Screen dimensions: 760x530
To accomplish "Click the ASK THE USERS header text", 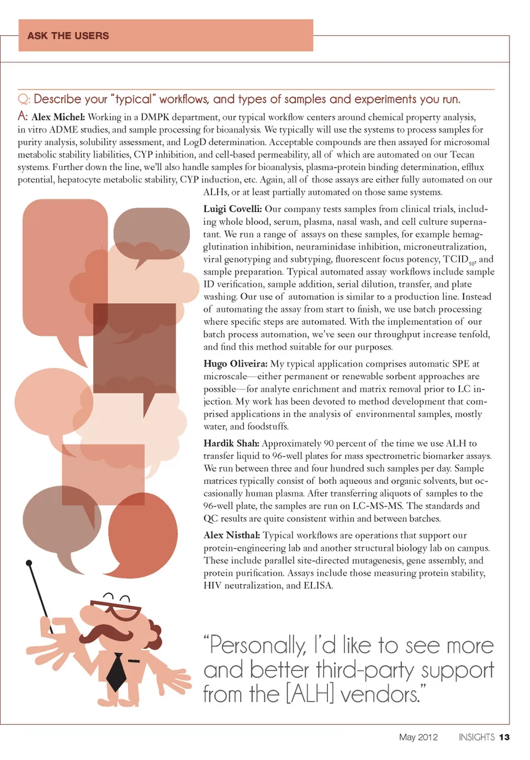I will tap(68, 36).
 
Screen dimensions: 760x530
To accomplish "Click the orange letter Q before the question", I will tap(23, 99).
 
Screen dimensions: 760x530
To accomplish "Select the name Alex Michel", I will tap(58, 117).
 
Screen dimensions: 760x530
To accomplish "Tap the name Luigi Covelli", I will tap(232, 209).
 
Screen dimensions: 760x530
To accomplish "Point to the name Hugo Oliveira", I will tap(235, 363).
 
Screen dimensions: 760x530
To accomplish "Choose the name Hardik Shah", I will tap(231, 443).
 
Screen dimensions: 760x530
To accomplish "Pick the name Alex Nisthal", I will tap(231, 535).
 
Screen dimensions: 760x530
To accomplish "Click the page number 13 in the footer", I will tap(504, 737).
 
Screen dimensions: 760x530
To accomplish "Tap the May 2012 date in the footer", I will tap(418, 737).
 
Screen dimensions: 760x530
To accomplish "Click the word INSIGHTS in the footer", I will tap(476, 737).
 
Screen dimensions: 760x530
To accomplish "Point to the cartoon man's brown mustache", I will tap(113, 633).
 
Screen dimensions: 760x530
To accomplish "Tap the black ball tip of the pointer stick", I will tap(29, 563).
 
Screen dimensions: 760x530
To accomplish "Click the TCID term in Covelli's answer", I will tap(456, 259).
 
